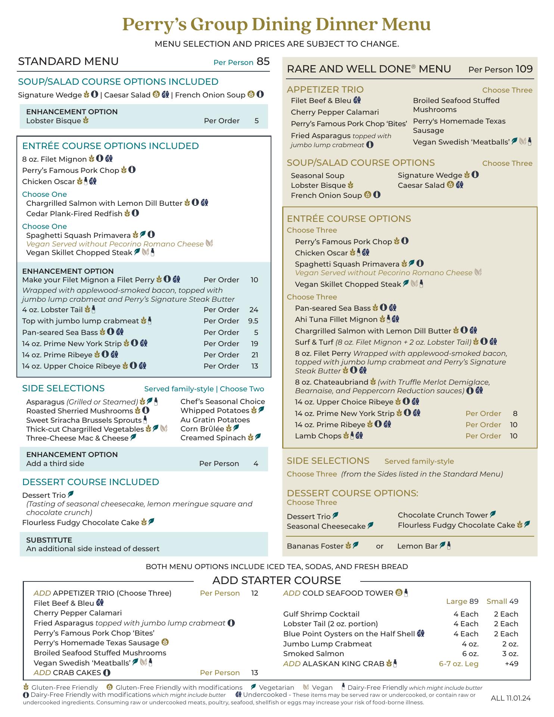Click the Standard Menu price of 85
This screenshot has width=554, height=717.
coord(263,62)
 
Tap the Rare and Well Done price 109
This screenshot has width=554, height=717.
coord(524,69)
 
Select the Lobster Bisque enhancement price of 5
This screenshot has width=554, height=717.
coord(256,121)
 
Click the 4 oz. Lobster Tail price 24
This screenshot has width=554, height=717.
coord(254,310)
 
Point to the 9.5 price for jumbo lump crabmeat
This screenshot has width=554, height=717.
coord(253,321)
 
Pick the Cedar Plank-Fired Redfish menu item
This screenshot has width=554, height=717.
coord(74,214)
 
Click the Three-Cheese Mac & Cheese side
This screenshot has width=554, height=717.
coord(77,438)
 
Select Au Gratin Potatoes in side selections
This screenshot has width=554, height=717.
coord(215,420)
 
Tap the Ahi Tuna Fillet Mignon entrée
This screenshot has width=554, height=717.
coord(336,319)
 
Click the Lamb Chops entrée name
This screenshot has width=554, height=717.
coord(318,436)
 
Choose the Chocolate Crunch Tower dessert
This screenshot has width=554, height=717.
coord(443,515)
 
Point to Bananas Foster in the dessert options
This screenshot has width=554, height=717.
coord(315,546)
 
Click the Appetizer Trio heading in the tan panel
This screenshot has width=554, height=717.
coord(325,90)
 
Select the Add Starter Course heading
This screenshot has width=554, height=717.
coord(277,580)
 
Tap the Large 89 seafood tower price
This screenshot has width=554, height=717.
coord(462,601)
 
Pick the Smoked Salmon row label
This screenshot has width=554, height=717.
coord(308,654)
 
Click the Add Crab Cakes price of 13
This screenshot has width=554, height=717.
coord(255,673)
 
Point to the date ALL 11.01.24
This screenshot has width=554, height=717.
coord(511,698)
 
